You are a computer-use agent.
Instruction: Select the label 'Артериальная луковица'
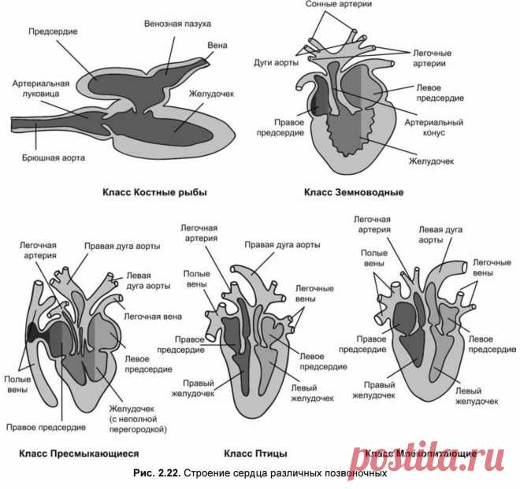click(x=41, y=88)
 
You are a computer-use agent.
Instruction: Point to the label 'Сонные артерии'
click(x=339, y=6)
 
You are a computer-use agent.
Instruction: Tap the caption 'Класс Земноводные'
click(x=355, y=191)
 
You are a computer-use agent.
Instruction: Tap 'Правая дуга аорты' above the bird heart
click(x=282, y=245)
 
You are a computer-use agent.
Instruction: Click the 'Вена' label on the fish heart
click(x=217, y=46)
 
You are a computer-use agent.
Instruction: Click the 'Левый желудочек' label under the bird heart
click(x=314, y=393)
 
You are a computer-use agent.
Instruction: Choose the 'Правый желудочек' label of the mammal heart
click(x=379, y=390)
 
